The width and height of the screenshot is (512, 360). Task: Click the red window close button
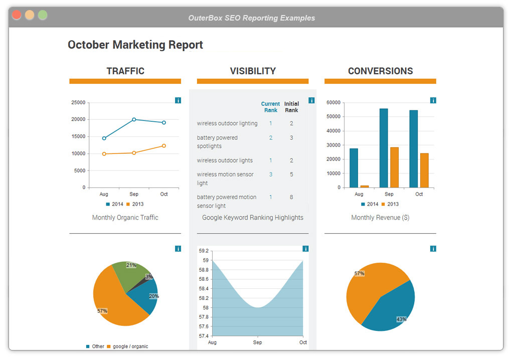pos(17,15)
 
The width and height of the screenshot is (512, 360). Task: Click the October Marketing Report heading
pos(135,45)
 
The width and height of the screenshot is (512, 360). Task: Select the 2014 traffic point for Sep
pos(134,119)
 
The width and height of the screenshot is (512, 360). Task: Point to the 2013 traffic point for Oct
pos(164,146)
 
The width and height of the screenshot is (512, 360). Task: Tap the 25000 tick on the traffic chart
pos(78,102)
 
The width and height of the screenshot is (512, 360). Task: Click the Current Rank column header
pos(270,107)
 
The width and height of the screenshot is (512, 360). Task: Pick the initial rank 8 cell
pos(291,197)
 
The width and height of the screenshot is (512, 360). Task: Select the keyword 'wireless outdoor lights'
pos(225,160)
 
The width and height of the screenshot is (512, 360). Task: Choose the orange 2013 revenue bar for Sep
pos(394,167)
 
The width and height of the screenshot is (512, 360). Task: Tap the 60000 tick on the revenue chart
pos(333,102)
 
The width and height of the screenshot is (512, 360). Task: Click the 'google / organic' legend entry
pos(130,346)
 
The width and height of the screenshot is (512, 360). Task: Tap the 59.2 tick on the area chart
pos(204,251)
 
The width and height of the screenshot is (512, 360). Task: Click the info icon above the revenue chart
pos(433,100)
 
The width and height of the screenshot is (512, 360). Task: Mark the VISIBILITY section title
pos(253,71)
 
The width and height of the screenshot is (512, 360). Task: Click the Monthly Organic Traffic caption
pos(125,218)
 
